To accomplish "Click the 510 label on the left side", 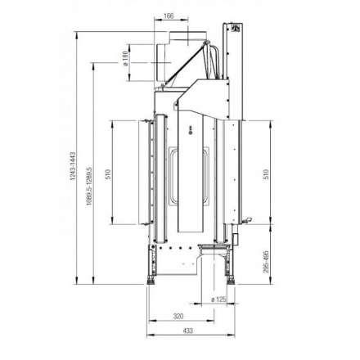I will [109, 173].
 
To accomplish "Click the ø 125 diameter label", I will [218, 299].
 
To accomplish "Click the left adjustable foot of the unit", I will [151, 279].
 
